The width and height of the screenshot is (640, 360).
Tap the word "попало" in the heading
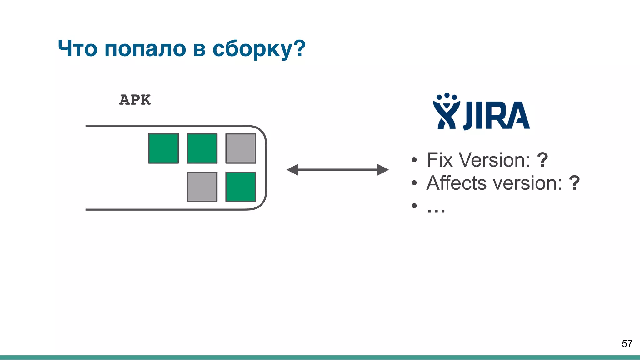coord(145,49)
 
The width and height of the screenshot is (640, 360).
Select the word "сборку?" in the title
coord(259,49)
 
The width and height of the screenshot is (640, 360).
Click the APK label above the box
coord(135,100)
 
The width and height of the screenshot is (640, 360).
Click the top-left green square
coord(163,148)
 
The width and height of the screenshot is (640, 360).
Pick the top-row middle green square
coord(202,148)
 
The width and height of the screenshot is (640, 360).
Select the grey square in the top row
coord(241,148)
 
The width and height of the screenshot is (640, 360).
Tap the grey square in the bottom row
coord(202,187)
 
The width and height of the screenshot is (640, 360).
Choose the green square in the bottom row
coord(241,187)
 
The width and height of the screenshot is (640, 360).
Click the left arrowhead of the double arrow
coord(292,170)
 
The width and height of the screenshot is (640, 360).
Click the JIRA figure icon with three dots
coord(446,112)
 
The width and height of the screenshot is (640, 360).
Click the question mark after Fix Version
coord(542,160)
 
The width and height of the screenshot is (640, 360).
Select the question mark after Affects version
coord(574,183)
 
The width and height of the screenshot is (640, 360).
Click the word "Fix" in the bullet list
coord(439,160)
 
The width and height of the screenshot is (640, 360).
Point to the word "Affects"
coord(456,183)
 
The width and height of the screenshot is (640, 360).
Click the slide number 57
coord(627,344)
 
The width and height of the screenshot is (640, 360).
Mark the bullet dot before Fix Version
coord(414,160)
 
